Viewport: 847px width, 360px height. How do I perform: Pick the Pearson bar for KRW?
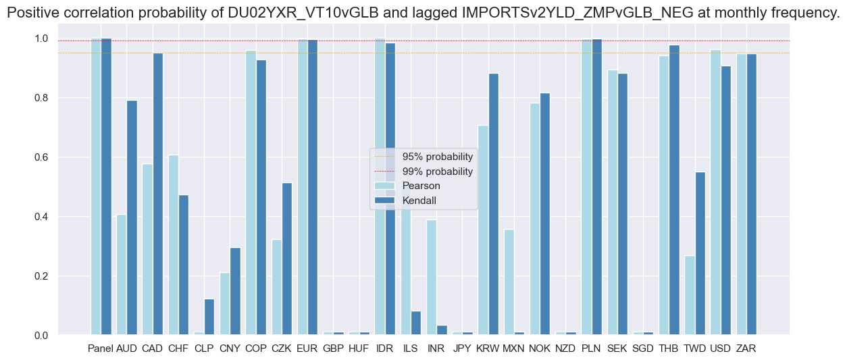point(483,230)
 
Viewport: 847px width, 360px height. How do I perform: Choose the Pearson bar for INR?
point(431,278)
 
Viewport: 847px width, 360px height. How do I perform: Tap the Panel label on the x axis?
point(101,349)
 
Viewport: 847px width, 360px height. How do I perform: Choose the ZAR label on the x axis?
point(746,349)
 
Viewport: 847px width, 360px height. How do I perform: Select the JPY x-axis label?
point(462,349)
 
